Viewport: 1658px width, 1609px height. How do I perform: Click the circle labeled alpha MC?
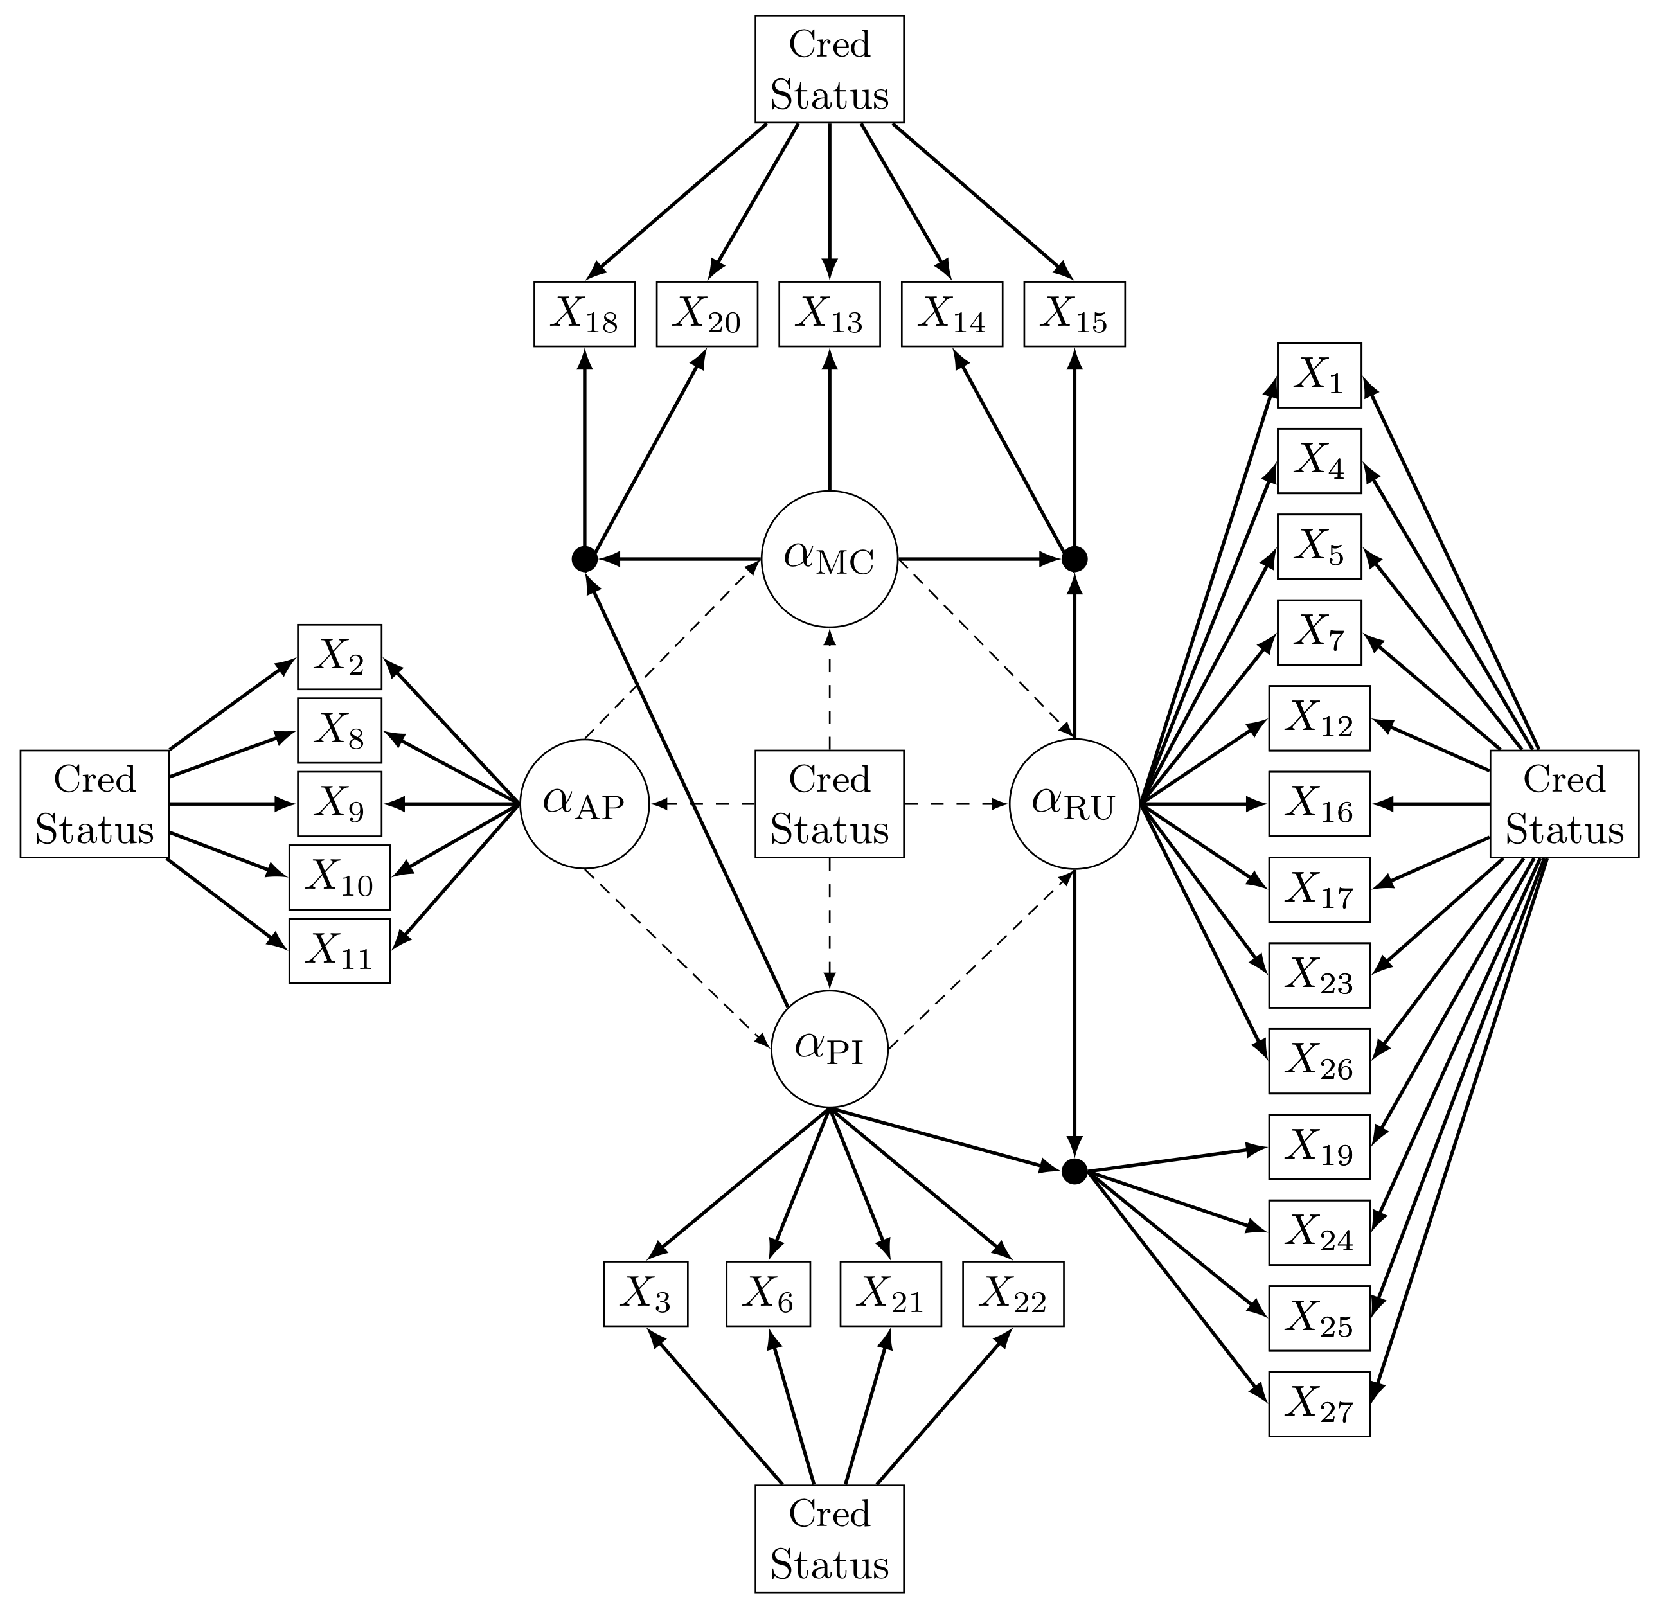(x=829, y=558)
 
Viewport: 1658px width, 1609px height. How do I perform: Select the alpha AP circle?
(x=584, y=804)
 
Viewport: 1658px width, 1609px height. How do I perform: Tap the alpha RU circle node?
(x=1074, y=804)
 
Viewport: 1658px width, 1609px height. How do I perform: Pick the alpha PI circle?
(x=829, y=1049)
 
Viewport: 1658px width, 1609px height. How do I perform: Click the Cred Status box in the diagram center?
(x=829, y=804)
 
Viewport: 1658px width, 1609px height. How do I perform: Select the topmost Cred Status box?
(x=829, y=69)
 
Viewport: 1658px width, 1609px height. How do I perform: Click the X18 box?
(x=585, y=314)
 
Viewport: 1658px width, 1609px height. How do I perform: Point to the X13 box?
(x=829, y=314)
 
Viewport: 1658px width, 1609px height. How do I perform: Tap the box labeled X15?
(x=1074, y=314)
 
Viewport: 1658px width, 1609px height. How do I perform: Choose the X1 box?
(x=1319, y=375)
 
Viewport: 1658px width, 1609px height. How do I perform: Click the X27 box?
(x=1319, y=1403)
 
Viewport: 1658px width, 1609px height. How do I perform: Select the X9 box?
(x=339, y=804)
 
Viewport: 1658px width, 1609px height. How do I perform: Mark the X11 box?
(x=339, y=951)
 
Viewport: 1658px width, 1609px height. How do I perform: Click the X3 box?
(x=645, y=1293)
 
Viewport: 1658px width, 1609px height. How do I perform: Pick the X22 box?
(x=1013, y=1293)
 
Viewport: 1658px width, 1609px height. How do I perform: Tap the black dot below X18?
(x=585, y=558)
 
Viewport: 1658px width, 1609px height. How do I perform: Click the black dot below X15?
(x=1074, y=558)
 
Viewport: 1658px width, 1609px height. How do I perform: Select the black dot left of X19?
(x=1074, y=1171)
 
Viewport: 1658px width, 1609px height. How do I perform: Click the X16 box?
(x=1319, y=804)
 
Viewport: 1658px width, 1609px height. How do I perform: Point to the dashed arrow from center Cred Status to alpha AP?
(x=702, y=804)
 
